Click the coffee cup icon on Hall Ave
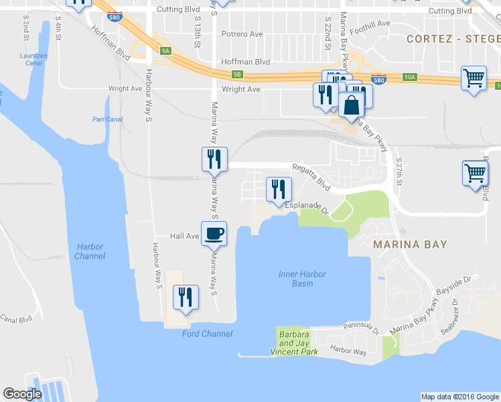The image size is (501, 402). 214,233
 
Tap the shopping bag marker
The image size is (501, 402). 351,105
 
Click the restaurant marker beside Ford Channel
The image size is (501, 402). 186,297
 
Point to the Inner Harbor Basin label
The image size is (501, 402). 296,278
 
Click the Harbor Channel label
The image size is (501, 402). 90,251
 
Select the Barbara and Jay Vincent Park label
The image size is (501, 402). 294,343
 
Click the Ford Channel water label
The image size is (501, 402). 207,334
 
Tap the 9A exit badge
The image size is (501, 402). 166,50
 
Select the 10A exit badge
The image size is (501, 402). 410,77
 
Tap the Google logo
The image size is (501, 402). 23,394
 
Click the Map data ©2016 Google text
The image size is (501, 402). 459,397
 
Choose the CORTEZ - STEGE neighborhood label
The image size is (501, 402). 453,39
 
